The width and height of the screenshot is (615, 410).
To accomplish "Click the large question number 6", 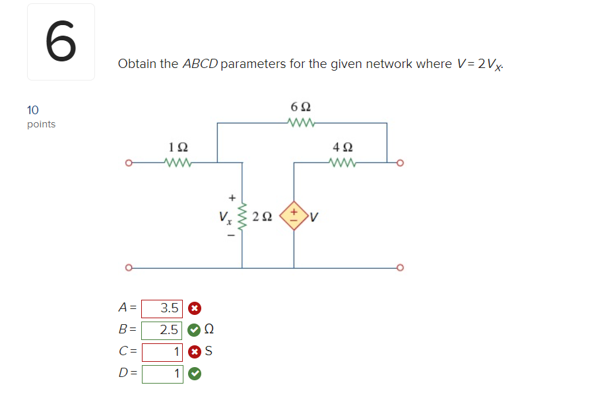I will [61, 42].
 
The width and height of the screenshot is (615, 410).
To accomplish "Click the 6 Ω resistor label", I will [301, 106].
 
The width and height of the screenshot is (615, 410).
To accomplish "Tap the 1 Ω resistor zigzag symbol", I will [178, 162].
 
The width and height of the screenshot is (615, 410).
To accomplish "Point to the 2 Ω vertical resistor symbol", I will [242, 215].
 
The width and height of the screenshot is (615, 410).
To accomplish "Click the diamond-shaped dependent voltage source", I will [293, 215].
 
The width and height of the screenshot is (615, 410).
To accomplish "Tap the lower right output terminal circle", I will [399, 268].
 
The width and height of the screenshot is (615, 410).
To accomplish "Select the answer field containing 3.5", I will [162, 308].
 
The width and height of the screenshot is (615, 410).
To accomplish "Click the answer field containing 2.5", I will [162, 329].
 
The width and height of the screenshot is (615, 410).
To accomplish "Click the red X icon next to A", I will [194, 308].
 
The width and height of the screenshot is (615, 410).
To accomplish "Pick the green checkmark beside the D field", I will [194, 374].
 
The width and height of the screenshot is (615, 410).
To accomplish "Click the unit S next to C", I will [209, 352].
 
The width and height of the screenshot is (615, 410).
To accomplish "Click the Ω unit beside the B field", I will [209, 329].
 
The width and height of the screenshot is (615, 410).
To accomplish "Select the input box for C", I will [162, 352].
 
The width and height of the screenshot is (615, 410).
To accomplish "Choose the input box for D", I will [162, 374].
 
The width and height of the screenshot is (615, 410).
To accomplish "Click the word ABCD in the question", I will [200, 64].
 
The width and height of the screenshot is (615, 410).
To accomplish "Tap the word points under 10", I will [41, 124].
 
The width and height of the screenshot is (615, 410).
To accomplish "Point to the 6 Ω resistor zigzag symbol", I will [301, 122].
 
